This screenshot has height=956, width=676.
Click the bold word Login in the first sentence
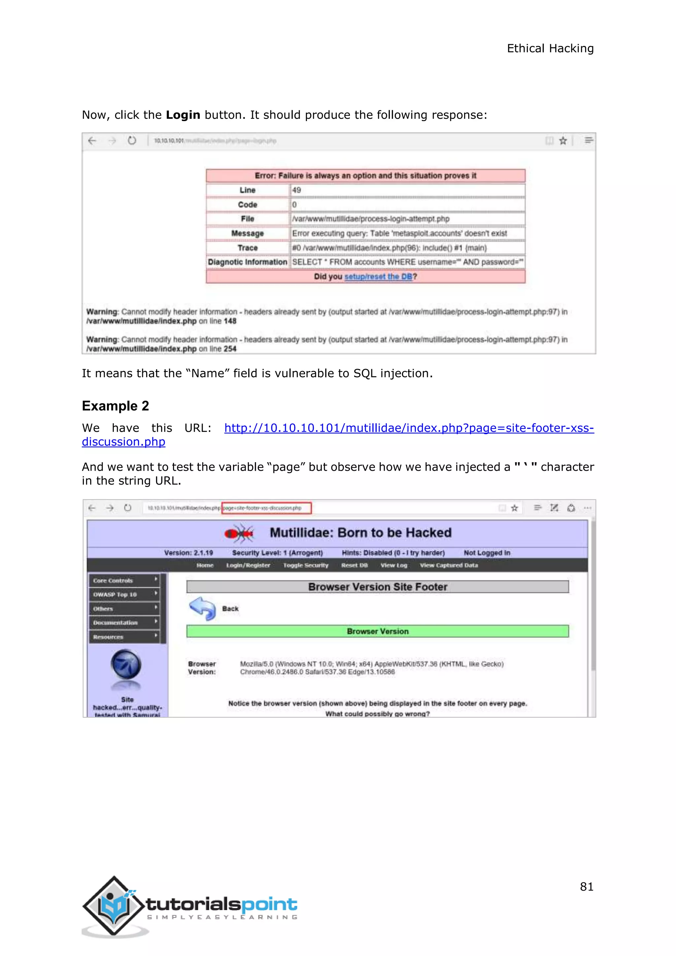[x=183, y=115]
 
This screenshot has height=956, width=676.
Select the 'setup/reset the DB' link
[x=378, y=277]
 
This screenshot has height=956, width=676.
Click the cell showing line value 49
[x=407, y=190]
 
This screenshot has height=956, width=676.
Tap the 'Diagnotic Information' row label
[x=248, y=262]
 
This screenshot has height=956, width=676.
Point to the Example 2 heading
[x=115, y=406]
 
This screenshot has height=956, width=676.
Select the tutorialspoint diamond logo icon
[x=114, y=906]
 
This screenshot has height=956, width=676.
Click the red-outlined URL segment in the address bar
[x=266, y=508]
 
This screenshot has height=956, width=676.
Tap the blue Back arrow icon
[x=202, y=608]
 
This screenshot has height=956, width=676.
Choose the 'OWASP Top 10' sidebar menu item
[x=124, y=595]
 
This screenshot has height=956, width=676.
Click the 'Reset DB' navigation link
[x=354, y=565]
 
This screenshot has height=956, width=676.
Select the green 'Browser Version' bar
[x=378, y=631]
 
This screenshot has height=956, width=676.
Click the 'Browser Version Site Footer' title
[x=378, y=587]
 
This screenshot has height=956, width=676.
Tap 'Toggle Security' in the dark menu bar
[x=306, y=565]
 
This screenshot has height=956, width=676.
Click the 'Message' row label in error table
[x=248, y=233]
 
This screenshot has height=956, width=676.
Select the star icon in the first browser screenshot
[x=563, y=141]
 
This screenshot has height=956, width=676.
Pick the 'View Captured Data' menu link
[x=449, y=565]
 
